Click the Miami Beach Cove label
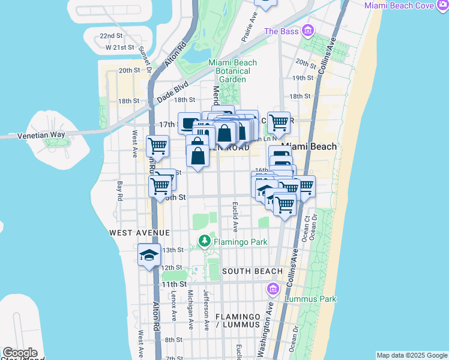[x=406, y=5]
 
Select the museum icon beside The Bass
[x=308, y=30]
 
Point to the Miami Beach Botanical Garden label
[x=232, y=71]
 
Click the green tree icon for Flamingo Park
[x=205, y=241]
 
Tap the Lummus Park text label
[x=312, y=299]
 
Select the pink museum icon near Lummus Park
[x=274, y=290]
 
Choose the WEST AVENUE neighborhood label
[x=139, y=232]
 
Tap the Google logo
[x=19, y=353]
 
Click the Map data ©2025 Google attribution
[x=411, y=355]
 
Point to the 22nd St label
[x=111, y=36]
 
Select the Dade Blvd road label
[x=173, y=91]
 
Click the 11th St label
[x=173, y=284]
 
